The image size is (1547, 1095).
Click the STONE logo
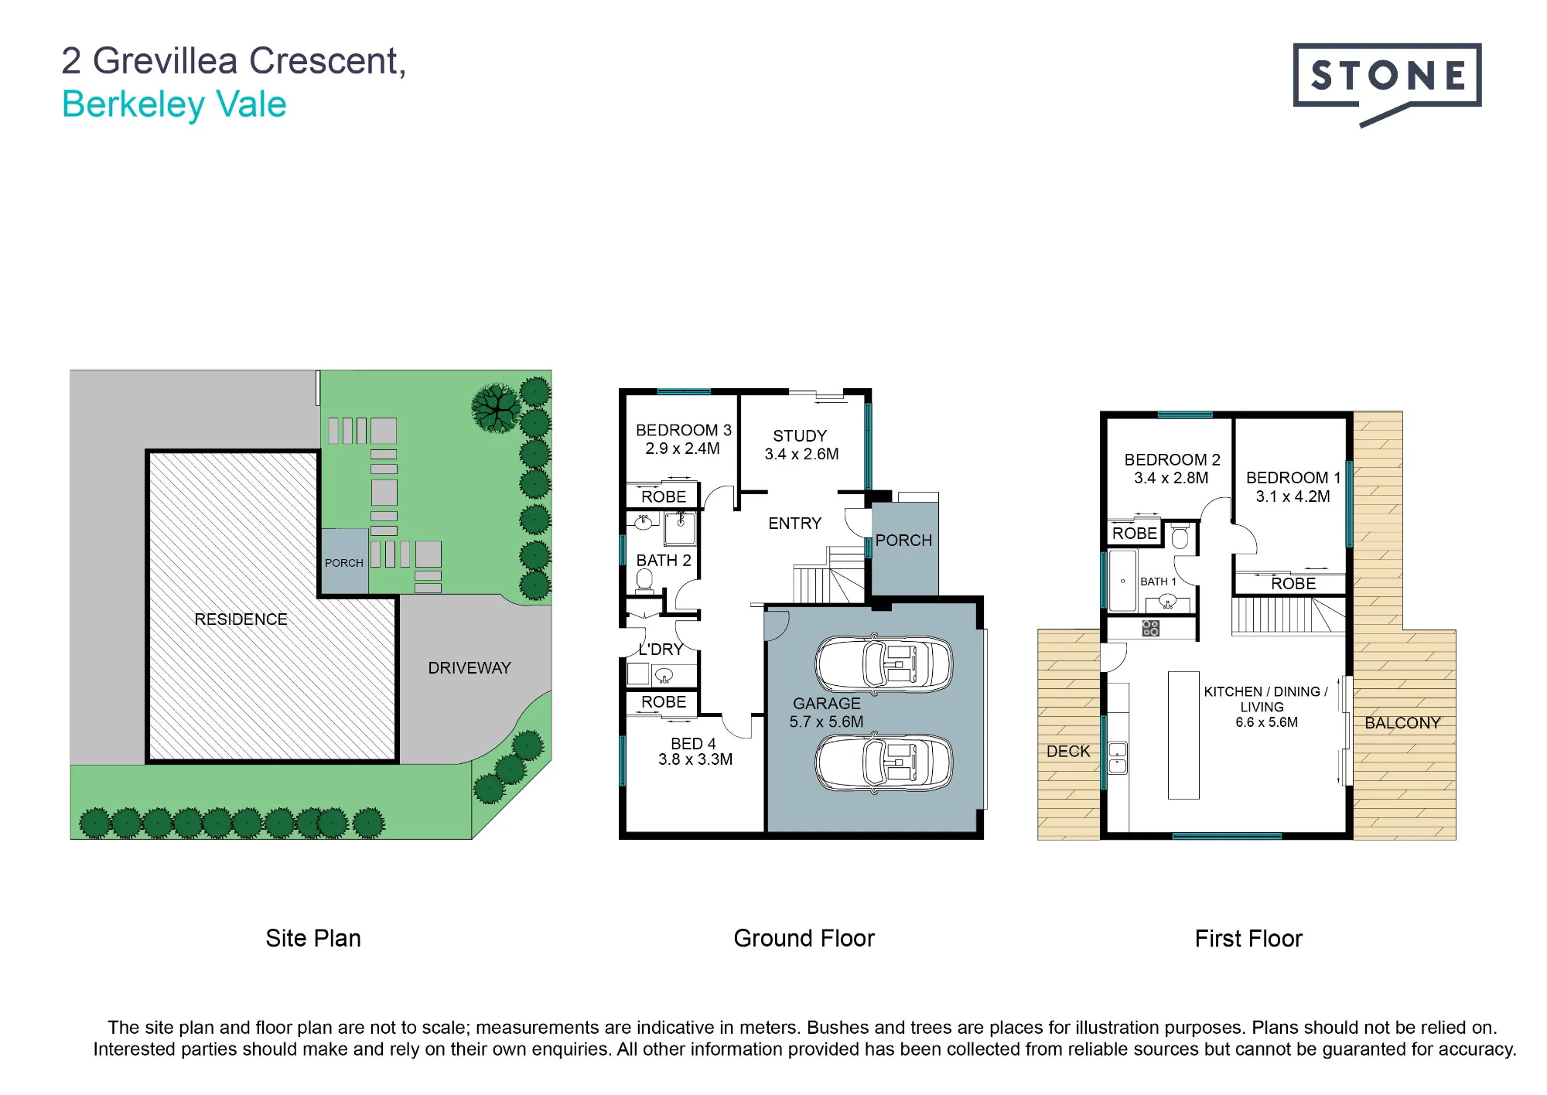[1387, 84]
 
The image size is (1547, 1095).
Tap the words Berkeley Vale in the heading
[174, 104]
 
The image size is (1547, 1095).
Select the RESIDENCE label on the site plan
[241, 619]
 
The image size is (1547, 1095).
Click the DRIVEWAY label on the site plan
[470, 668]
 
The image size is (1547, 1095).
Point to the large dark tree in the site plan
[496, 408]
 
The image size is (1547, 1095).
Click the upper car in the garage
[884, 664]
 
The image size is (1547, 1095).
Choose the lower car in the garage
[884, 763]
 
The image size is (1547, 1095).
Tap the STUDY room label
[800, 436]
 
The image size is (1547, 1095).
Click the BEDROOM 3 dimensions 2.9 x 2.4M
[682, 449]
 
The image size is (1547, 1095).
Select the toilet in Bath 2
[644, 581]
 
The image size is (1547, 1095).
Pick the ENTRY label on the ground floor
[794, 524]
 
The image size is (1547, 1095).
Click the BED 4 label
[693, 743]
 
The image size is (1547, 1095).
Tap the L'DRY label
[661, 650]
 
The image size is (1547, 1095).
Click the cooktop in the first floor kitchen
[1150, 628]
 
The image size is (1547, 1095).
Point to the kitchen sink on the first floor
[1118, 758]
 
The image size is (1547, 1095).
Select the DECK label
[1068, 752]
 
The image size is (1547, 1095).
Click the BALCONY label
[1402, 723]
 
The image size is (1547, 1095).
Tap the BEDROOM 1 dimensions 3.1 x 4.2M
[1293, 496]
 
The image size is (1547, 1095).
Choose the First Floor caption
[1248, 939]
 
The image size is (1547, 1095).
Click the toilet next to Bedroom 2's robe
[1180, 536]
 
